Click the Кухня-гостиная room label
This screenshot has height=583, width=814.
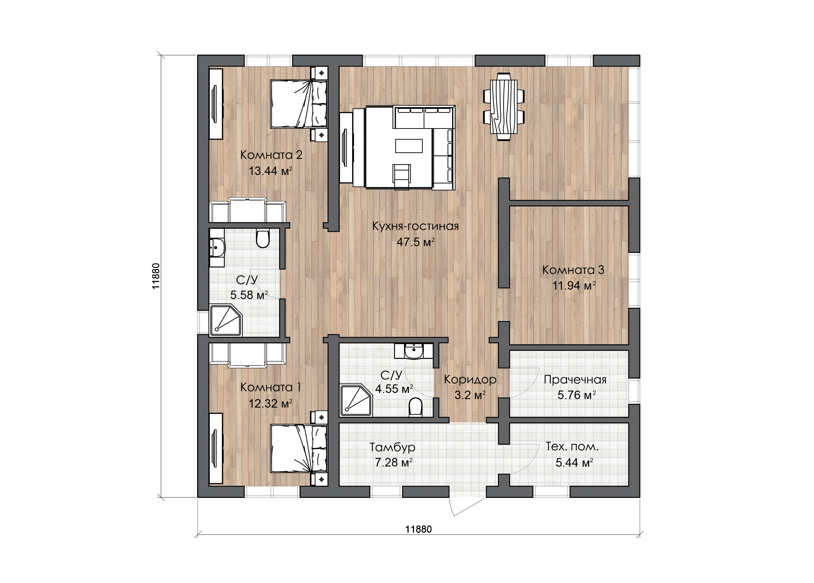pos(415,226)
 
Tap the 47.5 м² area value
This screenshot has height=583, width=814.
pos(415,242)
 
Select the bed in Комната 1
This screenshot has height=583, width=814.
pos(299,449)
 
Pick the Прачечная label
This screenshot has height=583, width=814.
pos(575,380)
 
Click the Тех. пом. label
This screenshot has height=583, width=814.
pos(572,447)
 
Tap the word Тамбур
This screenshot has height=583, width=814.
pos(393,447)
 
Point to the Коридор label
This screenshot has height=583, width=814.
pos(470,379)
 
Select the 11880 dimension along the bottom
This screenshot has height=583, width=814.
pos(419,530)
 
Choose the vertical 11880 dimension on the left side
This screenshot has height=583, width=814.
pos(155,276)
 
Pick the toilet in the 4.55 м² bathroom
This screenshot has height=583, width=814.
pos(415,407)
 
